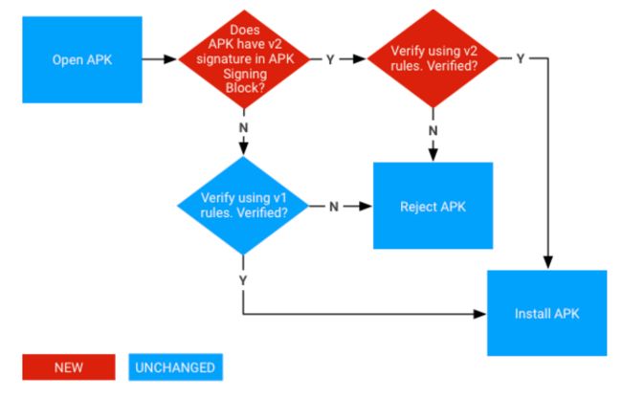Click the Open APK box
tap(82, 59)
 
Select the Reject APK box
tap(433, 206)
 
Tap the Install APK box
tap(547, 313)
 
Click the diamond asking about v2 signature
tap(244, 59)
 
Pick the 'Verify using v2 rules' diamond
tap(433, 58)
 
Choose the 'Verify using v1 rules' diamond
tap(243, 206)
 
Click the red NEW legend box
tap(69, 367)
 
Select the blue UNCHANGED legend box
tap(176, 367)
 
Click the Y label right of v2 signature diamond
tap(330, 59)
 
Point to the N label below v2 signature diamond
tap(244, 127)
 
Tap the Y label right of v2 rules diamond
tap(520, 58)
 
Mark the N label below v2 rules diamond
tap(433, 130)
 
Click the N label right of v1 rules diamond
tap(334, 207)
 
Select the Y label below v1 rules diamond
tap(243, 280)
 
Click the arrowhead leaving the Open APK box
tap(170, 59)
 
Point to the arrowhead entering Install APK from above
tap(548, 262)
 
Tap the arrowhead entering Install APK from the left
tap(480, 314)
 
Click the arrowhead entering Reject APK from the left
tap(366, 207)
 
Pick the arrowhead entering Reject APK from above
tap(433, 155)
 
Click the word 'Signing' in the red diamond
tap(245, 74)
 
